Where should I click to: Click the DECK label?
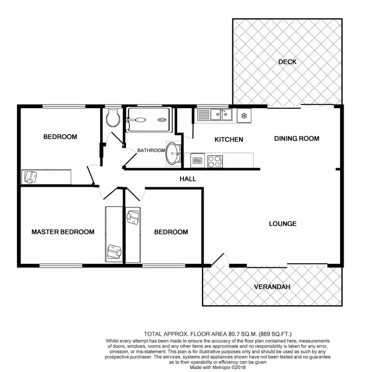pos(287,62)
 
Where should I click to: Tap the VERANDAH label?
pos(272,287)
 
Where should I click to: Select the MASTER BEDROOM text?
pos(62,232)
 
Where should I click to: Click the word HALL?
pos(188,179)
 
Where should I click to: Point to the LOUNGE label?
pos(283,224)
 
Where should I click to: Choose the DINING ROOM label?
pos(296,138)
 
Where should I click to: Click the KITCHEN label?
pos(229,139)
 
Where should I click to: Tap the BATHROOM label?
pos(151,150)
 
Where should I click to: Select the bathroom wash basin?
pos(172,153)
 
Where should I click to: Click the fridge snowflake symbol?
pos(243,116)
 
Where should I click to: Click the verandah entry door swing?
pos(218,259)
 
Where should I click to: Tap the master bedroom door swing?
pos(108,193)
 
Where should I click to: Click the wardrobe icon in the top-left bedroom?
pos(30,176)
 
